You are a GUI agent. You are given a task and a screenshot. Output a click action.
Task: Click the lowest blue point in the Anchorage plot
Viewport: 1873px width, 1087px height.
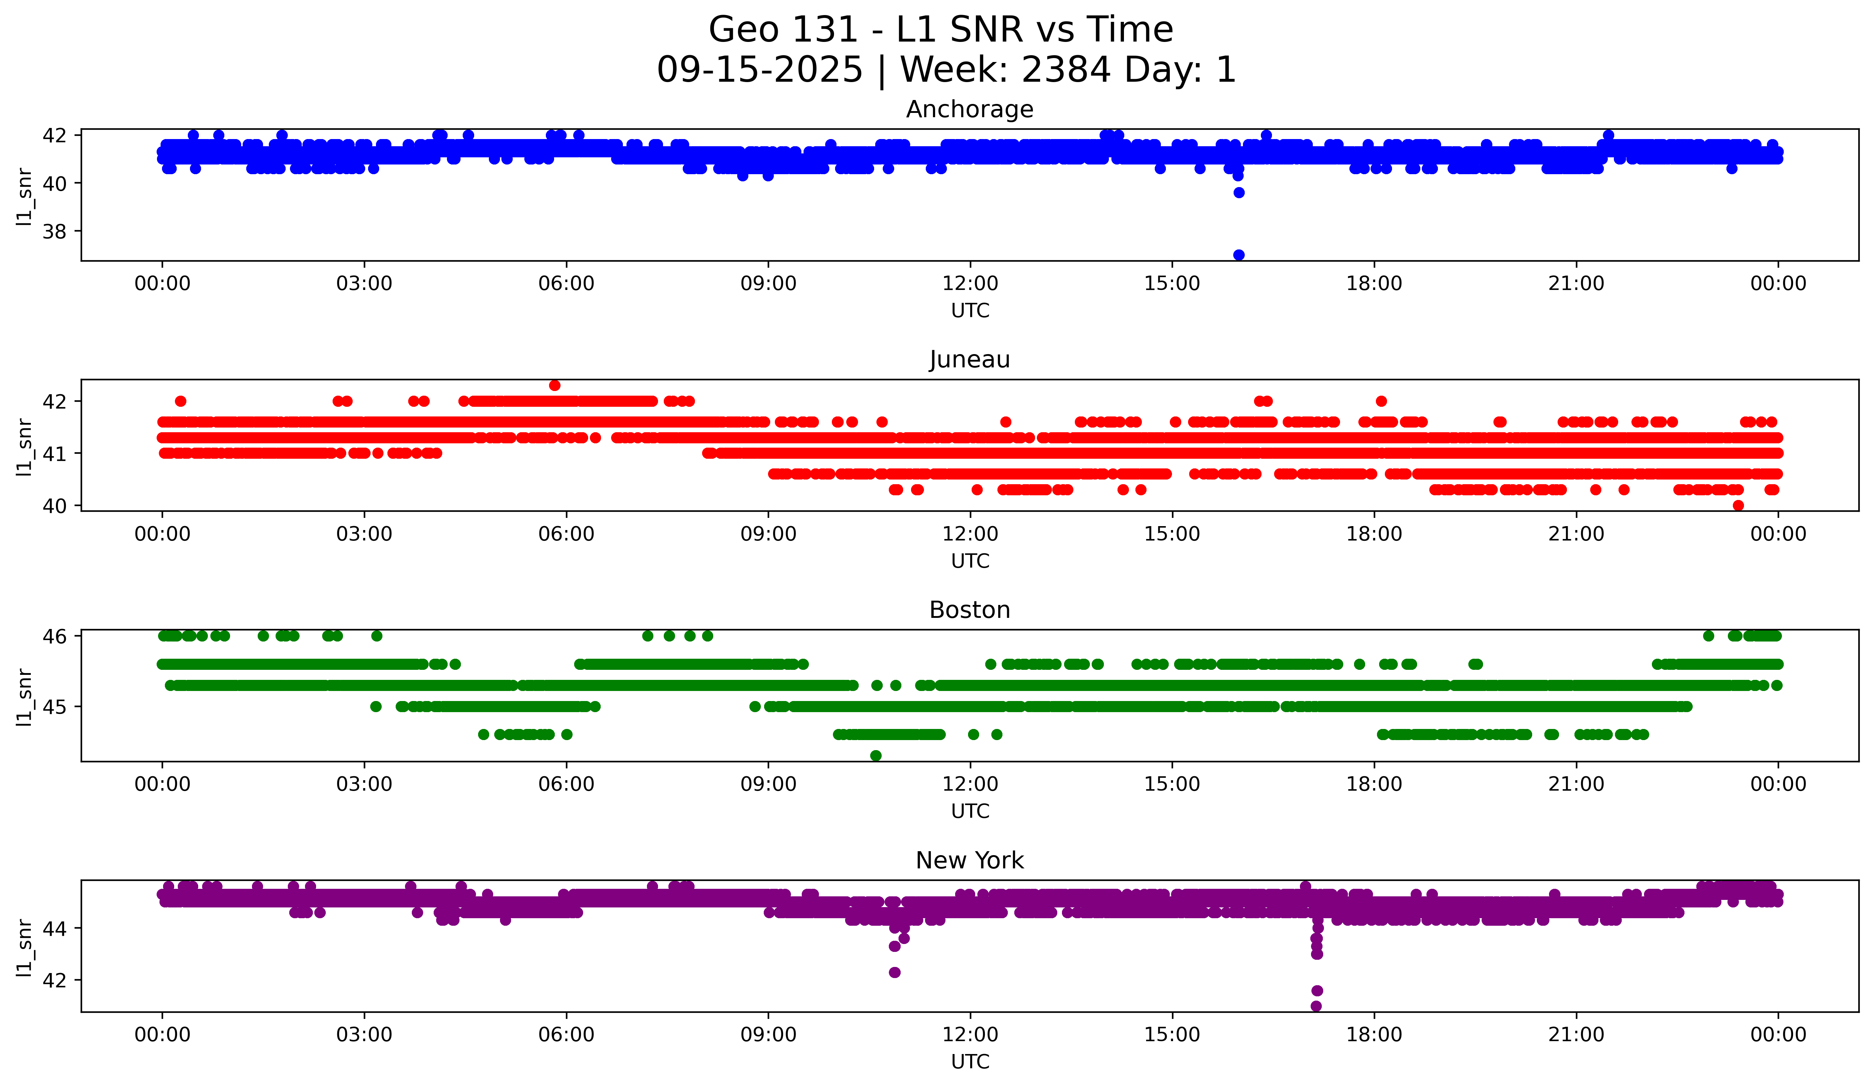(1238, 255)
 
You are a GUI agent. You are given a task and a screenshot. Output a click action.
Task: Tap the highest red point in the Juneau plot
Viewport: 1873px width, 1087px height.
(554, 385)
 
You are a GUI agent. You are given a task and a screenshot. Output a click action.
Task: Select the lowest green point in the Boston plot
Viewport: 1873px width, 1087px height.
(876, 755)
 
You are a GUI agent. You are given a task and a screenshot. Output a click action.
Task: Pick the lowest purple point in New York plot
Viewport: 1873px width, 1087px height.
(1316, 1006)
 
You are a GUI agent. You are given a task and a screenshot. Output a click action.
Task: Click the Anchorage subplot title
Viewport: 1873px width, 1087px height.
(969, 109)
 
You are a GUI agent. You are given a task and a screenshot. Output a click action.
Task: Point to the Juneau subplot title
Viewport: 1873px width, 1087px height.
(969, 359)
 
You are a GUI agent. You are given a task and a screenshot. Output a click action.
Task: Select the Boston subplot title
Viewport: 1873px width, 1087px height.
(969, 610)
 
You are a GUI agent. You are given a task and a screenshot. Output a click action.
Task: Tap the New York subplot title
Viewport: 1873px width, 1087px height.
(969, 860)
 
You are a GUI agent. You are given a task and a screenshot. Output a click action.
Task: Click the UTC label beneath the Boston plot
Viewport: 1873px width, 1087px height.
(970, 811)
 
